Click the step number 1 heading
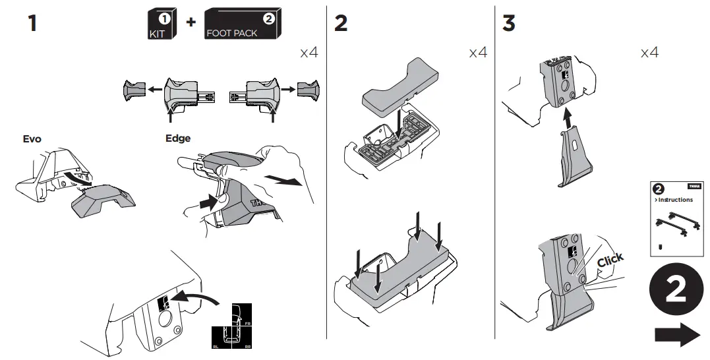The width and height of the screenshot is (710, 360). point(32,24)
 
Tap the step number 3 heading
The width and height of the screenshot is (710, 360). point(508,24)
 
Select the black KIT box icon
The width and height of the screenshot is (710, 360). point(160,25)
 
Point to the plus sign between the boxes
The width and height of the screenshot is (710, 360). point(191,22)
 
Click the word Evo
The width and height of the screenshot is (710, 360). point(32,139)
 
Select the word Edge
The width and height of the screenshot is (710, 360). point(178,138)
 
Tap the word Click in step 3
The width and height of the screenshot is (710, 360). point(610,260)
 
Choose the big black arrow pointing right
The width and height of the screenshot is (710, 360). point(677,335)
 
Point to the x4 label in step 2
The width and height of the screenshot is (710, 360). point(478,52)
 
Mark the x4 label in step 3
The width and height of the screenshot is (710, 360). point(649,52)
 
